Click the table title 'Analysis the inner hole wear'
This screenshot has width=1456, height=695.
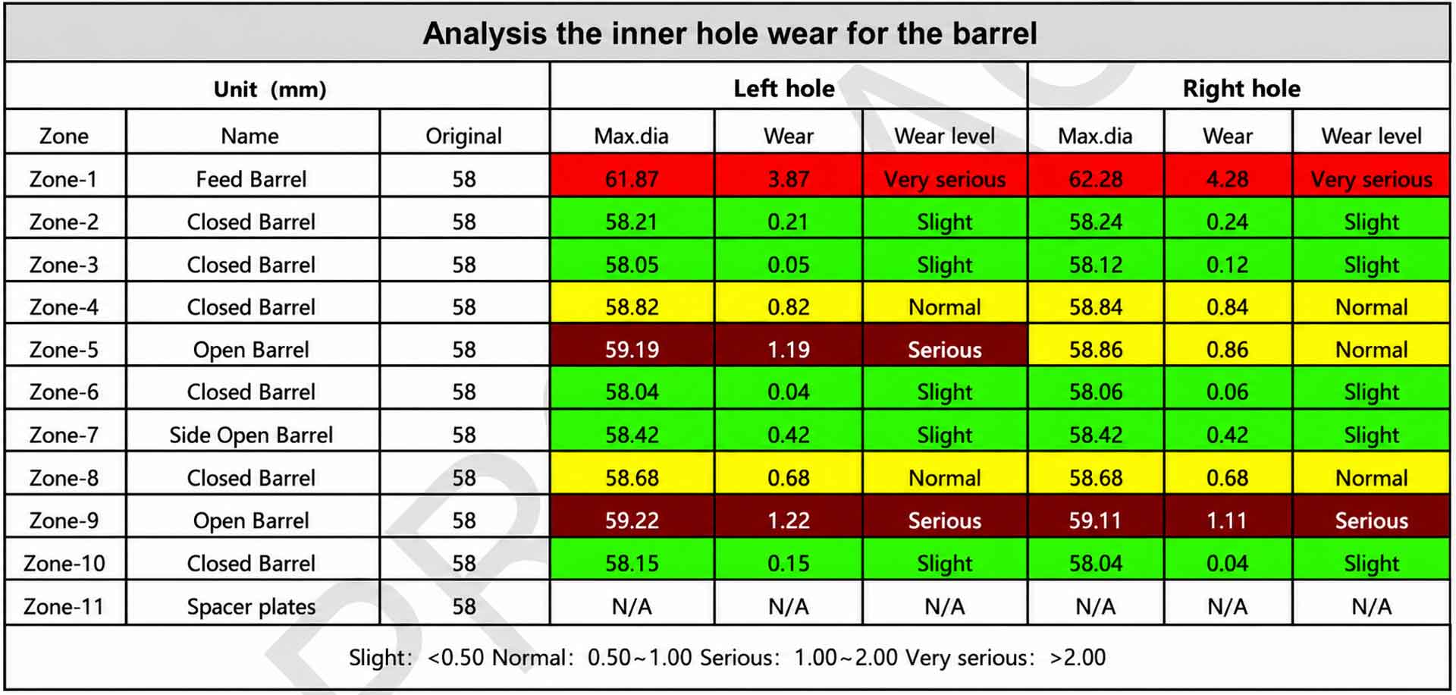click(x=730, y=33)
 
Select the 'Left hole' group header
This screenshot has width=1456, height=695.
click(x=784, y=89)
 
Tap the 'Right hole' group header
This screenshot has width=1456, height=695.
click(x=1241, y=89)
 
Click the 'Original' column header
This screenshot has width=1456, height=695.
click(x=463, y=136)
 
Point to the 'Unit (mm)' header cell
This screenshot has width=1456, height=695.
click(x=270, y=90)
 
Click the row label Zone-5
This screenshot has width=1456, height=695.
click(x=64, y=350)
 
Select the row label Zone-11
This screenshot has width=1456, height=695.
click(x=64, y=606)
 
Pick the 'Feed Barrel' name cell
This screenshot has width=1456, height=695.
click(x=251, y=179)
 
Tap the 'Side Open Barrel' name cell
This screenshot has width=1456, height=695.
click(x=251, y=435)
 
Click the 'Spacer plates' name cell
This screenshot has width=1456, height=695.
click(x=251, y=607)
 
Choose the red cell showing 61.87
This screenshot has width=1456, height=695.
click(x=632, y=179)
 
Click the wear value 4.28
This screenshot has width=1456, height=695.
click(x=1227, y=179)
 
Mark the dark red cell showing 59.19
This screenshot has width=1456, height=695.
click(x=632, y=350)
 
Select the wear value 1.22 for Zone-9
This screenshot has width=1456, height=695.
click(x=788, y=520)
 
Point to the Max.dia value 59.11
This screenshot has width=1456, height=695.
click(x=1095, y=520)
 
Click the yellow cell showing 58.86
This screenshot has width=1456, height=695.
click(x=1095, y=350)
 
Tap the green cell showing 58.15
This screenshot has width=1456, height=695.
click(x=632, y=564)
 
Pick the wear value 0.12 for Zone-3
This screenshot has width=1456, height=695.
click(x=1227, y=265)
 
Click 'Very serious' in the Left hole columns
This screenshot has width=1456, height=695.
click(x=944, y=180)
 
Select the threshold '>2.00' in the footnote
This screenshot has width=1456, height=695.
click(x=1078, y=657)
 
